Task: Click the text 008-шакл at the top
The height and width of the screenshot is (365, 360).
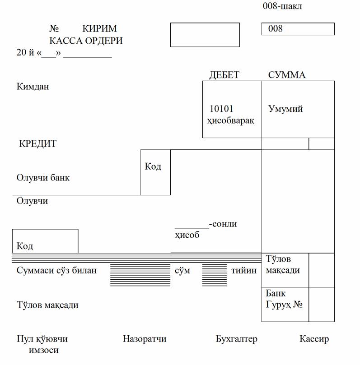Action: point(282,6)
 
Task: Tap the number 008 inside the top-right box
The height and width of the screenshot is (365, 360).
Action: point(275,28)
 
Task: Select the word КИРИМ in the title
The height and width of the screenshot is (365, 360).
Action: point(99,28)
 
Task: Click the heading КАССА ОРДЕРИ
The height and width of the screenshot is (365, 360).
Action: point(86,41)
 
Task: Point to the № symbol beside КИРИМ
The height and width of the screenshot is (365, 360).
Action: point(54,28)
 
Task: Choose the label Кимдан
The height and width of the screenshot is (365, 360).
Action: point(33,87)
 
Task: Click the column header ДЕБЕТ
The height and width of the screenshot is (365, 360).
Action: point(224,75)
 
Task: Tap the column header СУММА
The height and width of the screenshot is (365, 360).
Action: point(287,75)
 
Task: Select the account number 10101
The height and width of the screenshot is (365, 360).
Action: point(221,109)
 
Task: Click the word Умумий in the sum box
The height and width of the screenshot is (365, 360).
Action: point(285,109)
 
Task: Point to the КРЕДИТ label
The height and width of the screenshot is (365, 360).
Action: point(38,143)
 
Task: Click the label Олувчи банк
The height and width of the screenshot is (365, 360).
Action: point(43,178)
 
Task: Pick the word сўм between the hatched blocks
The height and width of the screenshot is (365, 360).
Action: point(182,271)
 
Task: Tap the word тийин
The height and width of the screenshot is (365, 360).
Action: point(244,271)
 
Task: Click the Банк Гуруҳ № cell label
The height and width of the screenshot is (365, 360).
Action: point(284,299)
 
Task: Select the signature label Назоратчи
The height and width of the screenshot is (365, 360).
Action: point(145,339)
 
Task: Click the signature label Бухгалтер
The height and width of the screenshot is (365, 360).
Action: point(237,339)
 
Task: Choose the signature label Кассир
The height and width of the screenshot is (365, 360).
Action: point(314,339)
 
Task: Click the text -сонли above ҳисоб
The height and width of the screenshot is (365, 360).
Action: point(223,224)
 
